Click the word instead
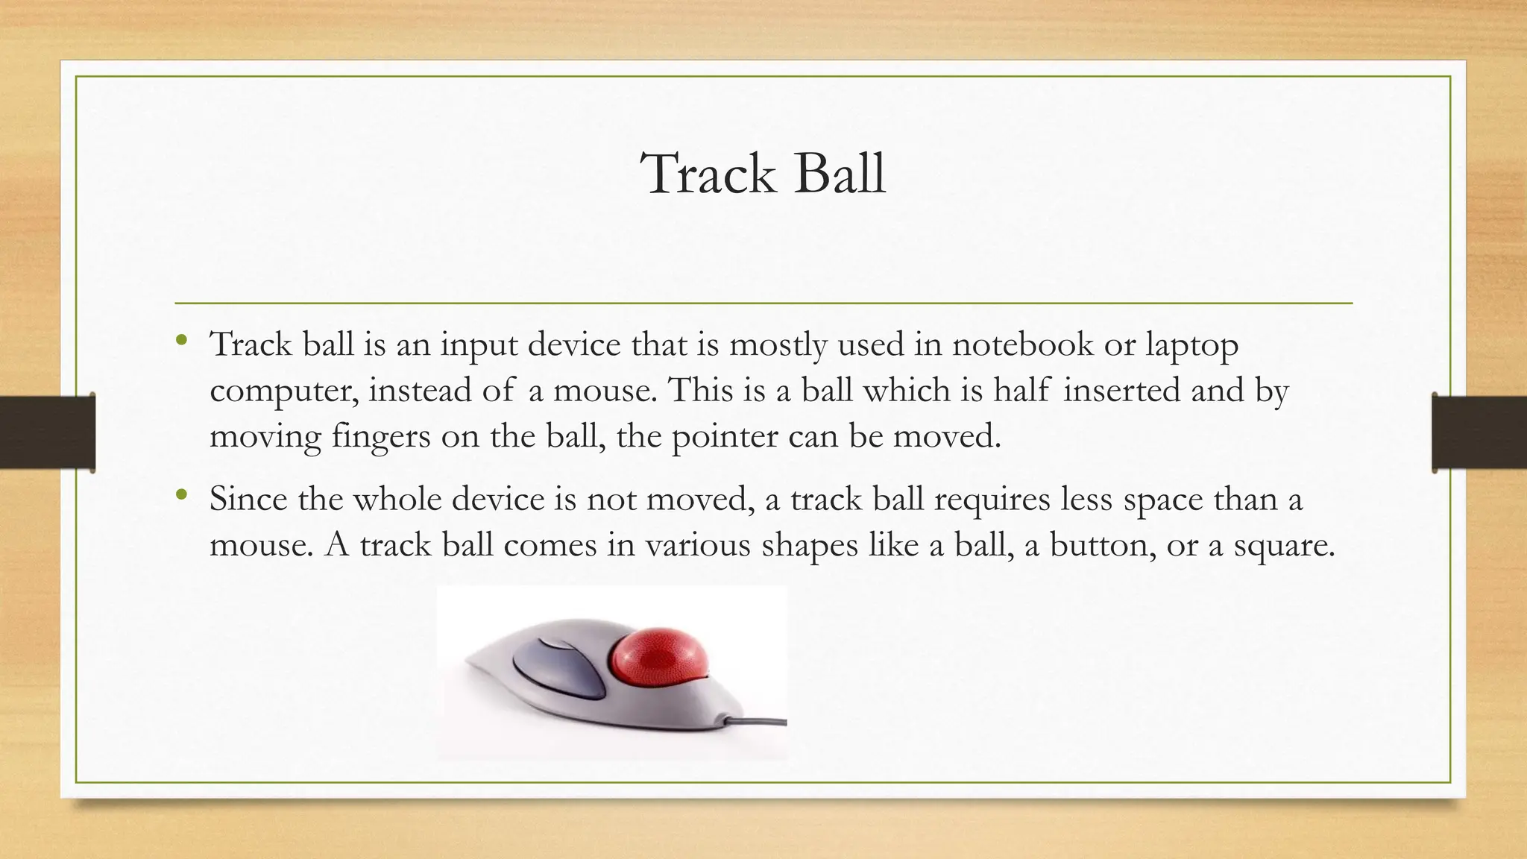pos(420,390)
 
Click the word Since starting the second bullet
pos(248,498)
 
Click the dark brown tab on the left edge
pos(47,432)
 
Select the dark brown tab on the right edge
pos(1479,432)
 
